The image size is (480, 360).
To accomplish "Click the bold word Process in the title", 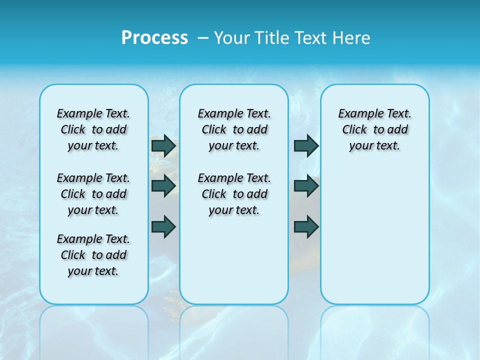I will (154, 38).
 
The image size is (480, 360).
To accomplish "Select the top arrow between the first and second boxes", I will (163, 145).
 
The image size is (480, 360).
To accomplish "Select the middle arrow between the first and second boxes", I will (163, 185).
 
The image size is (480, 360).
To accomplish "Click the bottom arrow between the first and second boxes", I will (163, 226).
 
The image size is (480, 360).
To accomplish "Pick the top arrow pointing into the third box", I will (306, 145).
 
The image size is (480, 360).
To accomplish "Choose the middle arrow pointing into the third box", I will (306, 185).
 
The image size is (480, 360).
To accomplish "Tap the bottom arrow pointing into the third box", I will (306, 226).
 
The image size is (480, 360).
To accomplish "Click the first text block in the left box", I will (93, 129).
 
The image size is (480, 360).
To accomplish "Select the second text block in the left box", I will (93, 194).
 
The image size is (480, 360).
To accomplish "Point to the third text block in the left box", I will (93, 255).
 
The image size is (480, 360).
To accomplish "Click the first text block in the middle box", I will (234, 129).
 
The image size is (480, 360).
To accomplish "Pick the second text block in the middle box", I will (234, 194).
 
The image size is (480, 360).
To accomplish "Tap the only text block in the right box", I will (374, 129).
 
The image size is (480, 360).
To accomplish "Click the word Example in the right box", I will (356, 114).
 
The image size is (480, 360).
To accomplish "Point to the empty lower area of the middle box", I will (234, 260).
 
